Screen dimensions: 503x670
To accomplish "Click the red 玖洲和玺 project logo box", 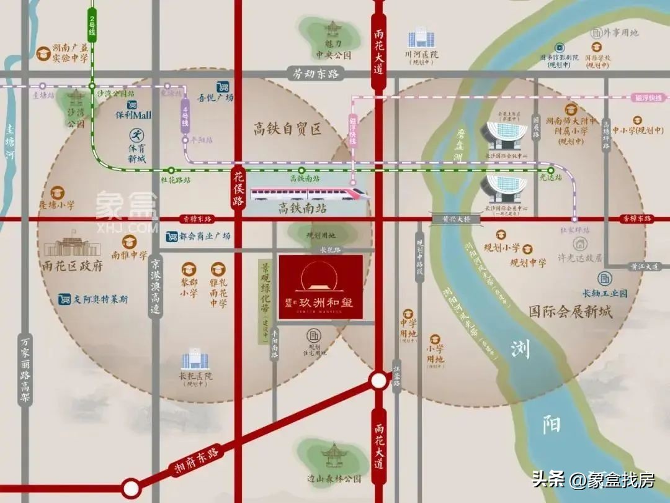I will (320, 287).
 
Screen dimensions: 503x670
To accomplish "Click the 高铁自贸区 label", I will (288, 129).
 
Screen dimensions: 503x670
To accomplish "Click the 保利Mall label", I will (133, 115).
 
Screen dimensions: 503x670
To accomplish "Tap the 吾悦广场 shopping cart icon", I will (222, 87).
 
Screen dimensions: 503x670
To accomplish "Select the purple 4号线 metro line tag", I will (184, 116).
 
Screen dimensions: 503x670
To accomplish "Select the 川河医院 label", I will (421, 55).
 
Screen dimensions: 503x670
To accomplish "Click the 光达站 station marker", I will (550, 170).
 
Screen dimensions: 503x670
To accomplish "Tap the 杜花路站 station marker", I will (171, 170).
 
